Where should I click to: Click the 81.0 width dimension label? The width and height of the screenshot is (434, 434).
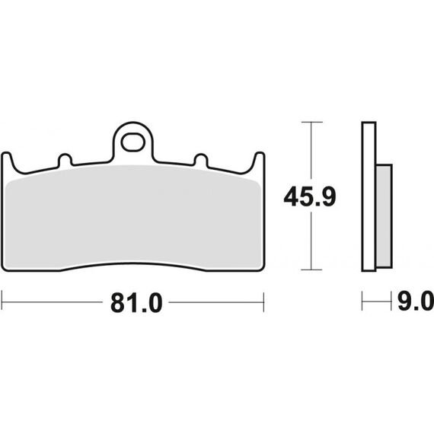(x=136, y=303)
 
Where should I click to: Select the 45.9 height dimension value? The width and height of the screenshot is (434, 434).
(x=310, y=196)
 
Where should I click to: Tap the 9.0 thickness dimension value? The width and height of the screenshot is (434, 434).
(x=416, y=301)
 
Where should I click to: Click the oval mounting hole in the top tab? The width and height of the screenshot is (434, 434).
(x=132, y=142)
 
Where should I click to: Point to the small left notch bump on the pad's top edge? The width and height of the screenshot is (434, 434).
(x=65, y=160)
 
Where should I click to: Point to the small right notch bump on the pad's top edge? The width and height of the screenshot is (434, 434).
(x=201, y=160)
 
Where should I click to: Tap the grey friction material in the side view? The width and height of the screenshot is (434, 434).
(x=384, y=216)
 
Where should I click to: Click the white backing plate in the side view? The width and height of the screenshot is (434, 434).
(x=369, y=196)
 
